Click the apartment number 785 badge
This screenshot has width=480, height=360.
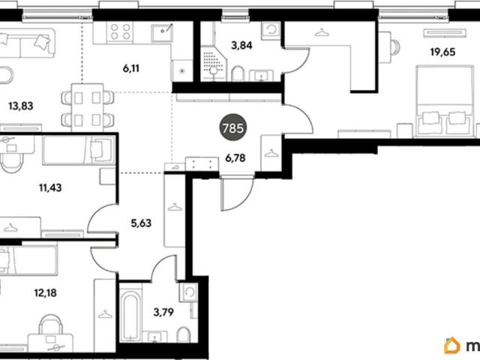click(x=233, y=127)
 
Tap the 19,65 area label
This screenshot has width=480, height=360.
click(x=442, y=52)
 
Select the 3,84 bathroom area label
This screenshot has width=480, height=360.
click(x=241, y=46)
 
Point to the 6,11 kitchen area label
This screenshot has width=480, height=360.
click(x=131, y=68)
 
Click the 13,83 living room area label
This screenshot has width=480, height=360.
click(x=21, y=106)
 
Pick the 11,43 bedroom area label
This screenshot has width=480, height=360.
click(x=50, y=187)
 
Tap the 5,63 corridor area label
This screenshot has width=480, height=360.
click(x=141, y=223)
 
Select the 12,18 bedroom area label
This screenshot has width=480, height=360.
click(x=45, y=292)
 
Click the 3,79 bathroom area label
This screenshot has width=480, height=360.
click(x=163, y=312)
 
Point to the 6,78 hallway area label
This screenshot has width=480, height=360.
click(x=235, y=158)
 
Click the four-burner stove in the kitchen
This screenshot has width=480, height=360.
click(x=120, y=31)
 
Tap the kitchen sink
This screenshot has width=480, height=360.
click(x=162, y=32)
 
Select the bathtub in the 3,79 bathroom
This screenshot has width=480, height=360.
click(x=130, y=316)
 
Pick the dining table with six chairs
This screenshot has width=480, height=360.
click(x=88, y=106)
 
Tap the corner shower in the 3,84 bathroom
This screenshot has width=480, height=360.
click(x=213, y=64)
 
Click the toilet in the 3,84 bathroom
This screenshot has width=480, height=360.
click(x=238, y=73)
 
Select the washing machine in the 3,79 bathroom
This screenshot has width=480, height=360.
click(x=188, y=292)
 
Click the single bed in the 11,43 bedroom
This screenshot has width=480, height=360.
click(x=79, y=150)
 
